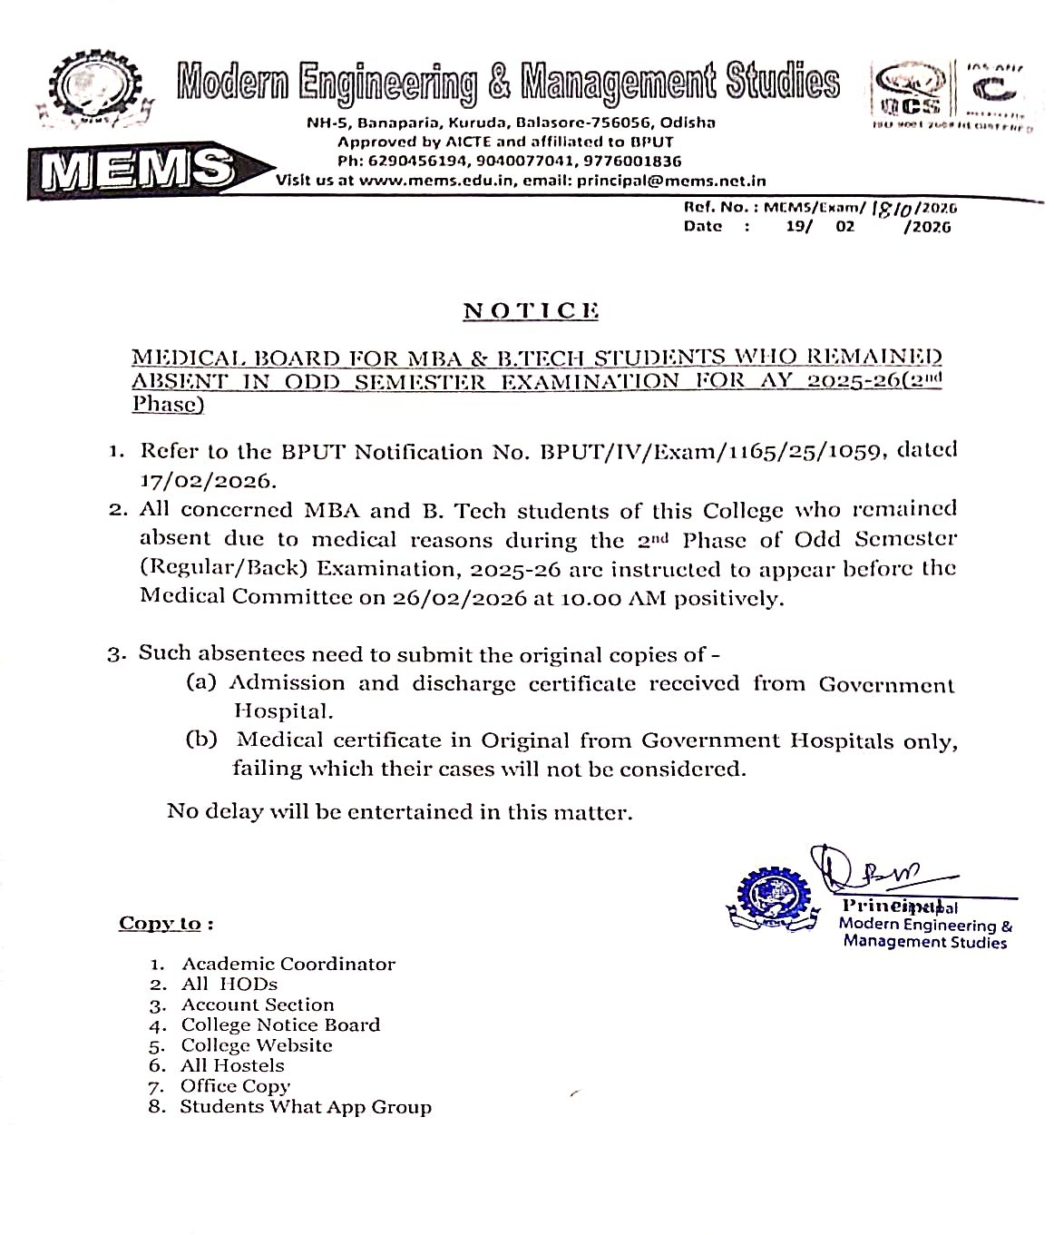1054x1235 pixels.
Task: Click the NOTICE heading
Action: (531, 311)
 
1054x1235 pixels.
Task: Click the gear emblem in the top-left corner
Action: (87, 92)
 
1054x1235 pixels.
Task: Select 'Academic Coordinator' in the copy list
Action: (288, 964)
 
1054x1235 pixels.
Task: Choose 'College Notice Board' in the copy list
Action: (280, 1024)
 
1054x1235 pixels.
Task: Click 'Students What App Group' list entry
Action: (306, 1106)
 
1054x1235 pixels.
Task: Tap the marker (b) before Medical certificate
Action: (201, 739)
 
